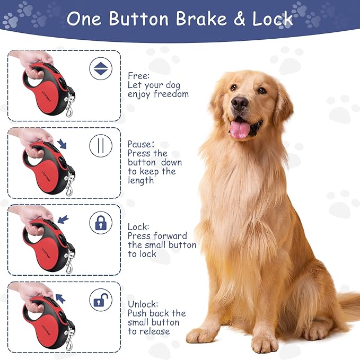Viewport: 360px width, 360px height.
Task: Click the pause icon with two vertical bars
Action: click(100, 145)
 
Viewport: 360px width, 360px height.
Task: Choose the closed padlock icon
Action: click(100, 223)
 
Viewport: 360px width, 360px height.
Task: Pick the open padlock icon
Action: click(100, 300)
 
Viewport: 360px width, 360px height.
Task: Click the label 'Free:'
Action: click(138, 76)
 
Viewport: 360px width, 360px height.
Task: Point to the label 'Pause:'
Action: click(141, 144)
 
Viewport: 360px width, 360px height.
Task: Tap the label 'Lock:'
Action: click(138, 226)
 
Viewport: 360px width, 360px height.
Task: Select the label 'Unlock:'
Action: click(143, 304)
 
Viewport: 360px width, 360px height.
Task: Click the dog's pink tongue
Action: click(240, 129)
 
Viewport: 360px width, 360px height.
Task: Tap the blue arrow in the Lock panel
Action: click(63, 218)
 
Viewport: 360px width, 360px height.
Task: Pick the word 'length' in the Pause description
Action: click(141, 180)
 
